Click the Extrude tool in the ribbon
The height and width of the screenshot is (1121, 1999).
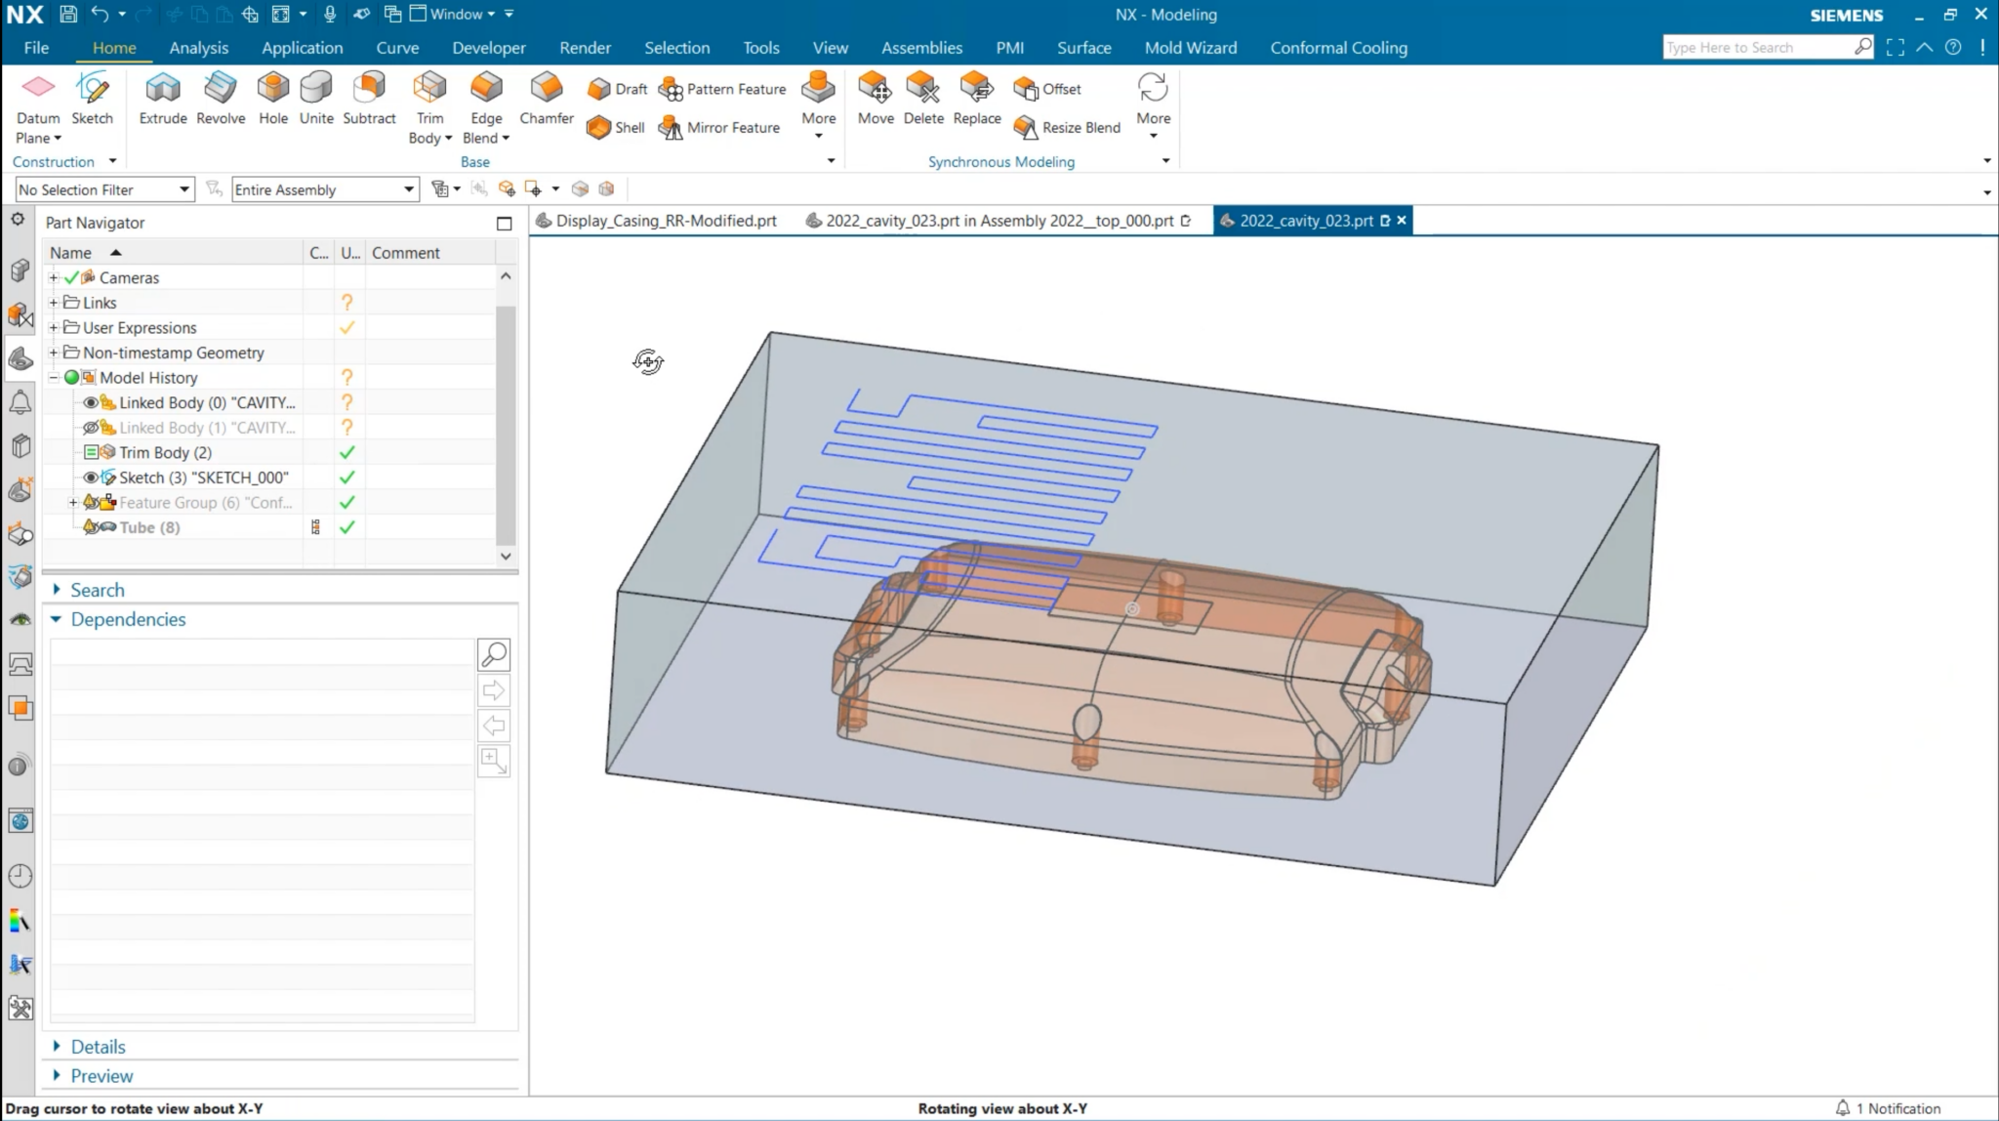coord(162,99)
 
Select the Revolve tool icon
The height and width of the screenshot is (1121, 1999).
coord(221,99)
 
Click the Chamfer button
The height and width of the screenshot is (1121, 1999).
coord(547,99)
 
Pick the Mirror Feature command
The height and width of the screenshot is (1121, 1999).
coord(721,128)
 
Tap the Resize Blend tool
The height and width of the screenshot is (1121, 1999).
coord(1068,128)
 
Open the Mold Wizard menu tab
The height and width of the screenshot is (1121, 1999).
coord(1190,48)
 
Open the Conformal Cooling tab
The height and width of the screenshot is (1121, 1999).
coord(1338,48)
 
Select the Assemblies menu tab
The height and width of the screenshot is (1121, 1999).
coord(921,48)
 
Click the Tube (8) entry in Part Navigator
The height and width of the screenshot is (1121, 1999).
coord(149,527)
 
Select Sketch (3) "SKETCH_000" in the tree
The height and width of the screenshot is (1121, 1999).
coord(203,477)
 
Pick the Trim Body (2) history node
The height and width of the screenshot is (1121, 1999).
coord(165,452)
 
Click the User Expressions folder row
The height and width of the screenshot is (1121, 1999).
coord(140,328)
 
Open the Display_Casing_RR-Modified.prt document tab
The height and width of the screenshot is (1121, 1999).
coord(666,221)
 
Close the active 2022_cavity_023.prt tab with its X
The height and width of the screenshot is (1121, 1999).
coord(1402,221)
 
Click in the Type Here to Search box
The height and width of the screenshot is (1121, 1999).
coord(1756,48)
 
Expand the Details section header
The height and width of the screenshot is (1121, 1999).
coord(98,1047)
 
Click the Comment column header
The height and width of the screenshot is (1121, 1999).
coord(406,253)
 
